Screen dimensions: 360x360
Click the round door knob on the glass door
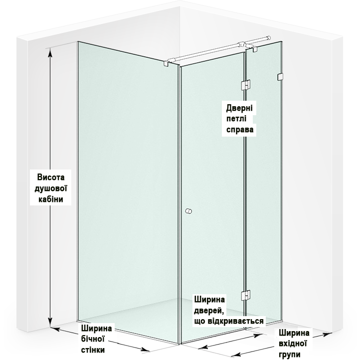pyautogui.click(x=188, y=211)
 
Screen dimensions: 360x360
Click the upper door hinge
pyautogui.click(x=245, y=85)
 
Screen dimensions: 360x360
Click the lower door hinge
pyautogui.click(x=245, y=295)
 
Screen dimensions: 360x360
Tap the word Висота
pyautogui.click(x=51, y=177)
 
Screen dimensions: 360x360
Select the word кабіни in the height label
pyautogui.click(x=50, y=199)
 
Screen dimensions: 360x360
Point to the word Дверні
pyautogui.click(x=239, y=108)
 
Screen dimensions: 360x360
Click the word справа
pyautogui.click(x=240, y=129)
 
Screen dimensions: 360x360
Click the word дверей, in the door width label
pyautogui.click(x=209, y=311)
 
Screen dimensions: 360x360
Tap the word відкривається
pyautogui.click(x=236, y=321)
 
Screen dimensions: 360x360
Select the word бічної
pyautogui.click(x=93, y=339)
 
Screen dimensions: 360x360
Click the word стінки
pyautogui.click(x=93, y=350)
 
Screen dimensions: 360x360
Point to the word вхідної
pyautogui.click(x=293, y=344)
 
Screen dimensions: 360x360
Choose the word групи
pyautogui.click(x=290, y=355)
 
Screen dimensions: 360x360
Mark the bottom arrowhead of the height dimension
pyautogui.click(x=50, y=322)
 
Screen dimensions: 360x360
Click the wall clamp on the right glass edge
pyautogui.click(x=280, y=77)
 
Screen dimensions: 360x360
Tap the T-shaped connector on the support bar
pyautogui.click(x=241, y=45)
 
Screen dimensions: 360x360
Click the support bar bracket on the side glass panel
pyautogui.click(x=166, y=64)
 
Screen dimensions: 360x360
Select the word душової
pyautogui.click(x=51, y=188)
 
